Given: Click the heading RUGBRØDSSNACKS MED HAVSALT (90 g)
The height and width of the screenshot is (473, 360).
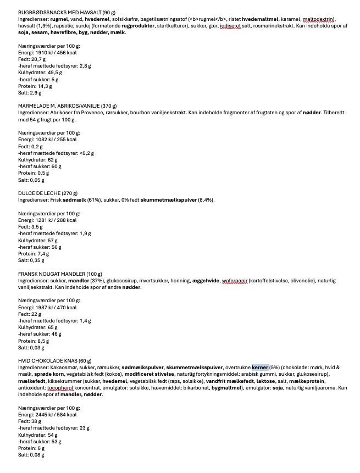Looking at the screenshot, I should point(68,12).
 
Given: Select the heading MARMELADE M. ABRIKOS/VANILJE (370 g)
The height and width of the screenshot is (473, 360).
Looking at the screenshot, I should point(68,106).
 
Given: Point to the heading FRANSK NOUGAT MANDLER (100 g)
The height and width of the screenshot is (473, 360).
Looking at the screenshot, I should point(60,274).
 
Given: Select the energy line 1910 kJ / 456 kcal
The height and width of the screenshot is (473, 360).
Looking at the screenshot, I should point(47,52).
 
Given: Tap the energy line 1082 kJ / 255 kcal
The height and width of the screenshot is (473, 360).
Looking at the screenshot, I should point(47,140).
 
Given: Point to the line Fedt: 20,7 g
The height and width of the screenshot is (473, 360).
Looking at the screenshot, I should point(31,59).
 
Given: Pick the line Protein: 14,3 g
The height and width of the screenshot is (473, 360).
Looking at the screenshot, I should point(35,86).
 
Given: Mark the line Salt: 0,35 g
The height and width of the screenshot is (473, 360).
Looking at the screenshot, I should point(31,260).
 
